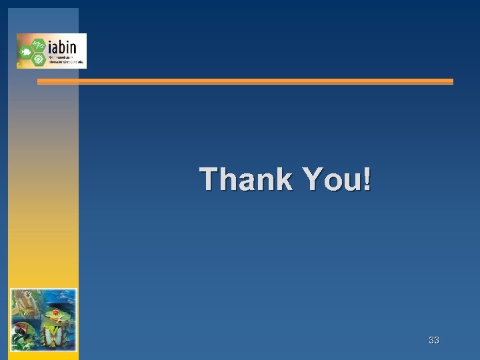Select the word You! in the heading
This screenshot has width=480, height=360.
[337, 179]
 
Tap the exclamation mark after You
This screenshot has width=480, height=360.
[367, 179]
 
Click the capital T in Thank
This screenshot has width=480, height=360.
[209, 179]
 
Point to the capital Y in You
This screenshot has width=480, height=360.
[312, 179]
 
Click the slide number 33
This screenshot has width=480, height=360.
[434, 341]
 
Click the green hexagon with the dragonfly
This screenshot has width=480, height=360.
[37, 44]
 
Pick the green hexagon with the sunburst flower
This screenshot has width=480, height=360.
[37, 58]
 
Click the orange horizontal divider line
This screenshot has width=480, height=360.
[245, 81]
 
